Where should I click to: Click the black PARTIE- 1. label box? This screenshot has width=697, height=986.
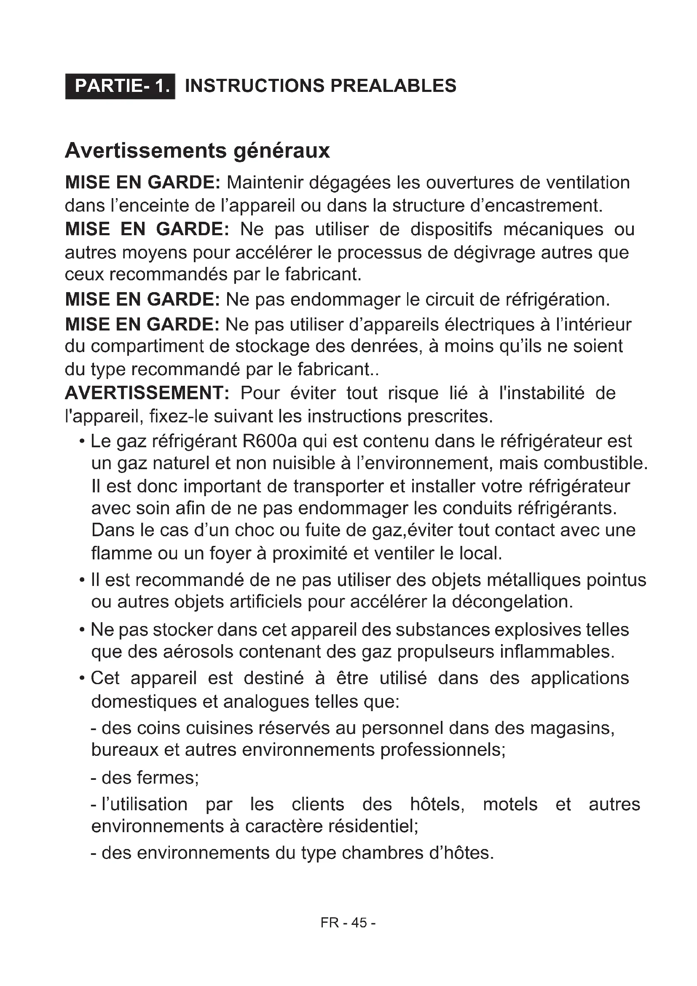tap(120, 86)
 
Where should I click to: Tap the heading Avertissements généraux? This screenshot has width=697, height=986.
tap(197, 151)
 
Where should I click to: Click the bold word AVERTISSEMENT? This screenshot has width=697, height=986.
tap(147, 393)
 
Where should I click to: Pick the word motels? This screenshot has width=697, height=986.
tap(510, 804)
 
